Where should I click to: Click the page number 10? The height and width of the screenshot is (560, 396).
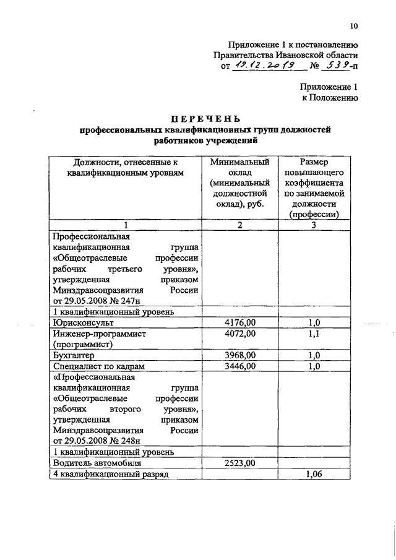click(x=353, y=26)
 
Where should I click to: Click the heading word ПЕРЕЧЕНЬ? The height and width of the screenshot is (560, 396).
click(x=205, y=119)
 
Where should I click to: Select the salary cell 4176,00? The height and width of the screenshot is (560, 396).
click(x=239, y=322)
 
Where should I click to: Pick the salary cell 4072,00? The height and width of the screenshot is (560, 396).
click(x=239, y=333)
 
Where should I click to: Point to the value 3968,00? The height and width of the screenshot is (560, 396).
click(x=239, y=355)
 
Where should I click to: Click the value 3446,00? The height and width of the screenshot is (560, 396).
click(x=239, y=366)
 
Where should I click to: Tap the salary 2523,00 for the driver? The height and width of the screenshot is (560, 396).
click(x=239, y=462)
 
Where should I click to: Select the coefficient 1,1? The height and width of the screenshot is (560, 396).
click(x=314, y=333)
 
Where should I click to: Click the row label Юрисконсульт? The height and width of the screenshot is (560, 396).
click(x=84, y=322)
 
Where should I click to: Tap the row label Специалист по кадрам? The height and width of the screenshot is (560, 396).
click(x=98, y=366)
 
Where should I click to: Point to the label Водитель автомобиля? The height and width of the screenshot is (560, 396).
click(x=98, y=462)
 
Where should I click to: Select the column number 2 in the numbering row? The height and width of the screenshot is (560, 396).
click(x=239, y=225)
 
